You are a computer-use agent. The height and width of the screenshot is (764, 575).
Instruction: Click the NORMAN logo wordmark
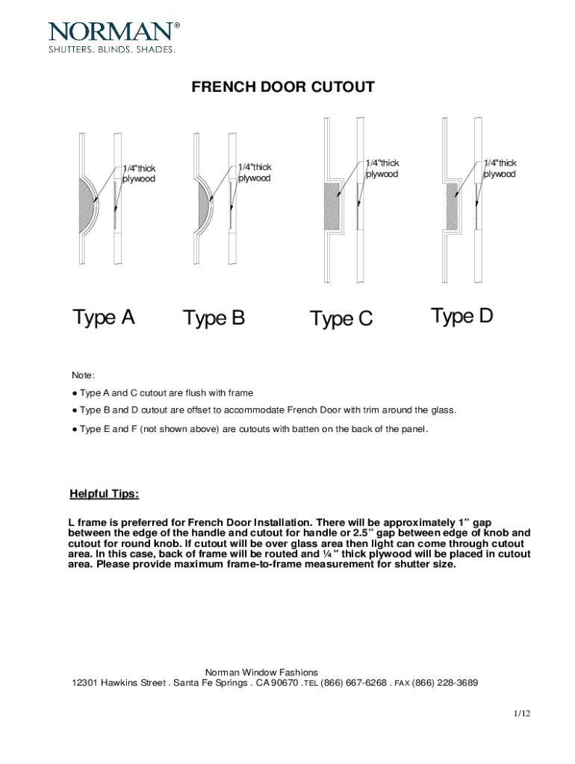[113, 31]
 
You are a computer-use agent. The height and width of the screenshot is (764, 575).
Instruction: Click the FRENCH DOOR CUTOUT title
[283, 88]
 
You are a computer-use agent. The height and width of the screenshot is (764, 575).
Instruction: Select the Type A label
[104, 318]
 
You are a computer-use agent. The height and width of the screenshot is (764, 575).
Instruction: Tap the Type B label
[214, 319]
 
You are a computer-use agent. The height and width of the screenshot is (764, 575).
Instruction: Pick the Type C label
[341, 319]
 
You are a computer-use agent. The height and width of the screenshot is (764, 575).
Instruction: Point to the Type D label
[462, 316]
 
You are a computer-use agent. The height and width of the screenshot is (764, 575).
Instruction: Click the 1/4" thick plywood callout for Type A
[139, 173]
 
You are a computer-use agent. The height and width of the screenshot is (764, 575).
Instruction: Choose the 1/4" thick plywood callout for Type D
[500, 169]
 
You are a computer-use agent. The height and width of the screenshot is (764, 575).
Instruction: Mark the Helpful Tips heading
[104, 494]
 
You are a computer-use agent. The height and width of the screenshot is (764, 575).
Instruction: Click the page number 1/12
[521, 714]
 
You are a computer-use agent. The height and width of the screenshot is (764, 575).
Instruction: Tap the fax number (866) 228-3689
[445, 683]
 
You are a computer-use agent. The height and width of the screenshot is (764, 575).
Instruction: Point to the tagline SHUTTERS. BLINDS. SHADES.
[112, 50]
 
